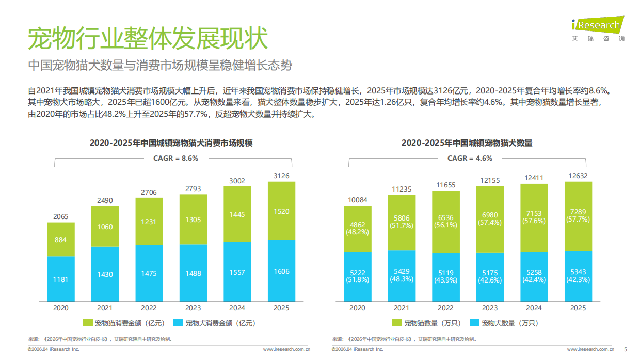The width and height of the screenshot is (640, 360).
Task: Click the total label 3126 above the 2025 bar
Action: (281, 176)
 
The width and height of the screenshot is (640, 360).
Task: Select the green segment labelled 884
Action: (60, 240)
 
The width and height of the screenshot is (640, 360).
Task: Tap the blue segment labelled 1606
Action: (281, 271)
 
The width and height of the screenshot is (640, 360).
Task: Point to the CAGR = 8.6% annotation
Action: (175, 159)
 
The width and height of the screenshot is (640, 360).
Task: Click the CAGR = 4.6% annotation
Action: (470, 159)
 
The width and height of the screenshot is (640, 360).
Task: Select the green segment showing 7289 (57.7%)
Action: (578, 216)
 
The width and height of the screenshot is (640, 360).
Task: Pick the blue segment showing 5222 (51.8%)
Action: (357, 276)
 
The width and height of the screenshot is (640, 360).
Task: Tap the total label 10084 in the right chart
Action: (357, 200)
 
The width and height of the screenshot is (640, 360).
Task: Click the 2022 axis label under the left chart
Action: (149, 308)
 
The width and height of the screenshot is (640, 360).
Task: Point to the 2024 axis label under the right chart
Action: (534, 308)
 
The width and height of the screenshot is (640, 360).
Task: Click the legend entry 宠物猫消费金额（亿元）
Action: (124, 323)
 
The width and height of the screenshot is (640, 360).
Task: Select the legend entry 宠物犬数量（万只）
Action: (504, 323)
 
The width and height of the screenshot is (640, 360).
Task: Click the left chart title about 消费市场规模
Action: (171, 143)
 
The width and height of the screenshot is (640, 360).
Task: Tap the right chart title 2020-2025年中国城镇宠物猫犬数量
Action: (467, 143)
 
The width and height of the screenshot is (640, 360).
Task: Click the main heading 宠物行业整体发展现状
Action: (147, 39)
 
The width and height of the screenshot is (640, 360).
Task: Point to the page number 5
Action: (626, 349)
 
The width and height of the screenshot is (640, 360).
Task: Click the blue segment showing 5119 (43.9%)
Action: (445, 277)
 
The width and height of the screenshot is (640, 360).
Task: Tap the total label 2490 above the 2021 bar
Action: (105, 200)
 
